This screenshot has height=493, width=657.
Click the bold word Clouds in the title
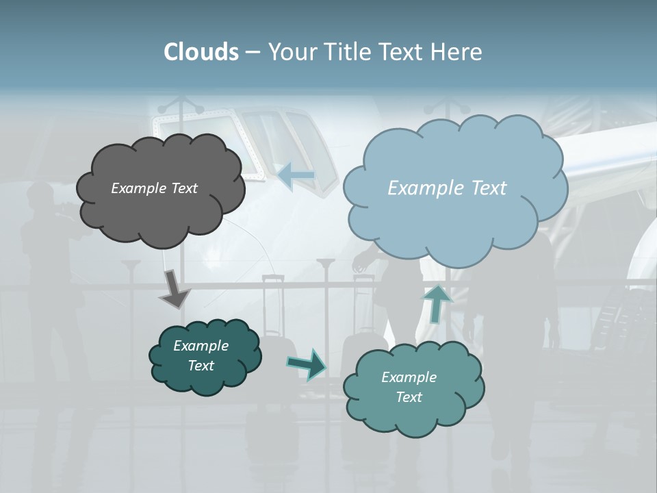point(201,52)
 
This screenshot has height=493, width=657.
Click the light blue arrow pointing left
point(296,175)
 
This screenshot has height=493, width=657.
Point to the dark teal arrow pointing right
point(307,364)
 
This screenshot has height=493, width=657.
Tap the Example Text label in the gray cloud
point(154,188)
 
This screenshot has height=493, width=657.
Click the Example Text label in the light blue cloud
point(447,188)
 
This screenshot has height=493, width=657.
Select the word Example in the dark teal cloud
point(201,346)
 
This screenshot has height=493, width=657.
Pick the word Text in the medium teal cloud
point(409,397)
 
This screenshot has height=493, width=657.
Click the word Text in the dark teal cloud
point(201,366)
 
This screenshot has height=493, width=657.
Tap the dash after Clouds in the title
point(253,52)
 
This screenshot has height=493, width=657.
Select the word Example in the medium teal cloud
point(409,377)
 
